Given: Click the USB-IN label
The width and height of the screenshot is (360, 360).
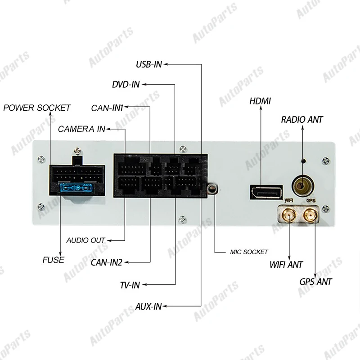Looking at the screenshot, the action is tap(148, 64).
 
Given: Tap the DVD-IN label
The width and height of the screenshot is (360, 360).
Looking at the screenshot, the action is tap(126, 84).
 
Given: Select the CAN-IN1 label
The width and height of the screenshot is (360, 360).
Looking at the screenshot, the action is tap(107, 108).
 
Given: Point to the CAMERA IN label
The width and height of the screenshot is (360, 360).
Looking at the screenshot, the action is tap(81, 130).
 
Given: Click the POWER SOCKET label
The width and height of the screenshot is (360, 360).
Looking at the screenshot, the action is tap(37, 108).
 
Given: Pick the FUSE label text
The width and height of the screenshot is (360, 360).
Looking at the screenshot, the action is tap(53, 260).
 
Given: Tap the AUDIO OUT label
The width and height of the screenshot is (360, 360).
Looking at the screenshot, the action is tap(85, 240).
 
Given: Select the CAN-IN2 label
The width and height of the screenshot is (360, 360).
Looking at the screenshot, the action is tap(106, 262).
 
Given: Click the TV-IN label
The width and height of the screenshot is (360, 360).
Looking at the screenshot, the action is tap(130, 285).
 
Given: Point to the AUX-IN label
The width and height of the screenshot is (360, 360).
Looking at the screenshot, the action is tap(148, 306).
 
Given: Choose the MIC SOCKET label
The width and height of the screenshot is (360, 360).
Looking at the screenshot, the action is tap(249, 252).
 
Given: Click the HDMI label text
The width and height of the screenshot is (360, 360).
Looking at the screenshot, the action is tap(260, 101).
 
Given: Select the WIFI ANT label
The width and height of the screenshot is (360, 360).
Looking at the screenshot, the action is tap(286, 265).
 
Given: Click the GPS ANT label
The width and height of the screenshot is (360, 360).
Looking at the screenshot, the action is tap(315, 282).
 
